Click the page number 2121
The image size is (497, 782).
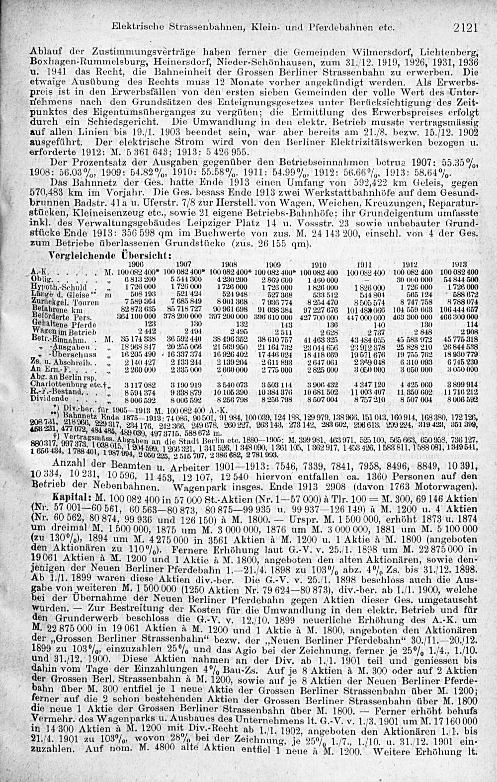point(465,28)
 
